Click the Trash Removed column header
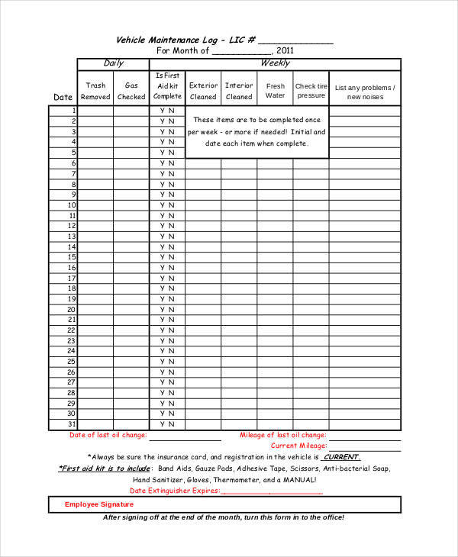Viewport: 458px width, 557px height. pyautogui.click(x=95, y=91)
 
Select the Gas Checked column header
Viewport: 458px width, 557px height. pyautogui.click(x=131, y=91)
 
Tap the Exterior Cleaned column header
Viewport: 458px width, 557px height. pyautogui.click(x=203, y=91)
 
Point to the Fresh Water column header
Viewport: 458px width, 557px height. pyautogui.click(x=275, y=91)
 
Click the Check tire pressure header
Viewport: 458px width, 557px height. pyautogui.click(x=311, y=91)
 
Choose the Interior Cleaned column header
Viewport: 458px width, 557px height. pyautogui.click(x=239, y=91)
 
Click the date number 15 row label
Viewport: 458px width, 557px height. pyautogui.click(x=72, y=258)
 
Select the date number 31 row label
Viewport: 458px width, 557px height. pyautogui.click(x=72, y=424)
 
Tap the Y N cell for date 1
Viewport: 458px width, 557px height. pyautogui.click(x=167, y=111)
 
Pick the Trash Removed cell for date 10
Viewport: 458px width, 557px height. pyautogui.click(x=95, y=205)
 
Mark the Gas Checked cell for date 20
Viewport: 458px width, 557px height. pyautogui.click(x=131, y=310)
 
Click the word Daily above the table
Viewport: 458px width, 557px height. pyautogui.click(x=113, y=63)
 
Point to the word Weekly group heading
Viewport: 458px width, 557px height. pyautogui.click(x=275, y=63)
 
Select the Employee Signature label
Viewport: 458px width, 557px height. pyautogui.click(x=99, y=504)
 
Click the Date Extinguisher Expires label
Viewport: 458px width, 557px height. pyautogui.click(x=174, y=491)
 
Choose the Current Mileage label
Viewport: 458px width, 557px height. pyautogui.click(x=298, y=445)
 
